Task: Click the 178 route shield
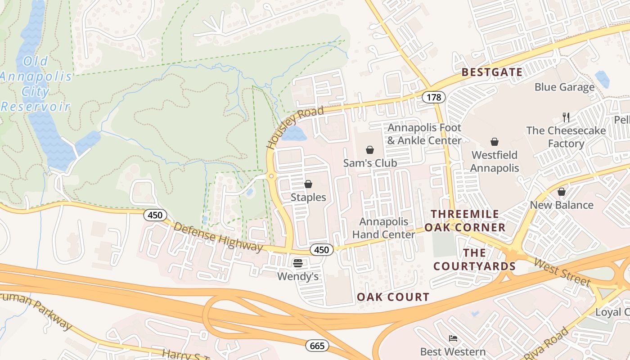click(x=434, y=97)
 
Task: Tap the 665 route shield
click(x=317, y=346)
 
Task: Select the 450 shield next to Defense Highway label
click(x=155, y=215)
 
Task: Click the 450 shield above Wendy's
click(x=322, y=250)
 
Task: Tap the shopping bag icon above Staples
click(x=308, y=184)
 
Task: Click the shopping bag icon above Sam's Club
click(x=370, y=149)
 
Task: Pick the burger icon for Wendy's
click(x=298, y=263)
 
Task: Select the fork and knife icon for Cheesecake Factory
click(x=566, y=117)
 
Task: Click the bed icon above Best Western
click(x=453, y=338)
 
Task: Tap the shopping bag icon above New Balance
click(x=561, y=192)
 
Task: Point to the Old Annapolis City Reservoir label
click(x=36, y=84)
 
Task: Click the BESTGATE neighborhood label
click(x=492, y=72)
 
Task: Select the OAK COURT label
click(x=393, y=297)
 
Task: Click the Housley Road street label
click(x=294, y=127)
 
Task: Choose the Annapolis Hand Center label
click(x=383, y=228)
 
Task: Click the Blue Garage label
click(x=564, y=87)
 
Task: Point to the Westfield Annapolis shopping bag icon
click(x=495, y=142)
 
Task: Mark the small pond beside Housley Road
click(x=293, y=134)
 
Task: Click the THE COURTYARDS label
click(x=474, y=259)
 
